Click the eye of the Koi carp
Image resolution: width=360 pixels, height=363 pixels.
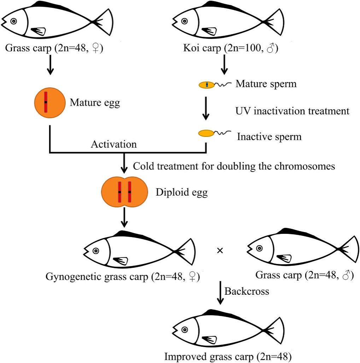click(x=184, y=21)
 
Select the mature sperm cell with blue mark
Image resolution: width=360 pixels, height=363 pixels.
click(x=207, y=85)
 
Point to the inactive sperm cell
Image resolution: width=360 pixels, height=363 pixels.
click(x=206, y=133)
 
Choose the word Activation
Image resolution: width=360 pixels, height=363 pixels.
click(x=113, y=144)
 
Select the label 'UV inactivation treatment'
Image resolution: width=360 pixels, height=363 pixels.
click(x=292, y=111)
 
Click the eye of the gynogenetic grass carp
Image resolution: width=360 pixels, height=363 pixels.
click(x=95, y=251)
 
